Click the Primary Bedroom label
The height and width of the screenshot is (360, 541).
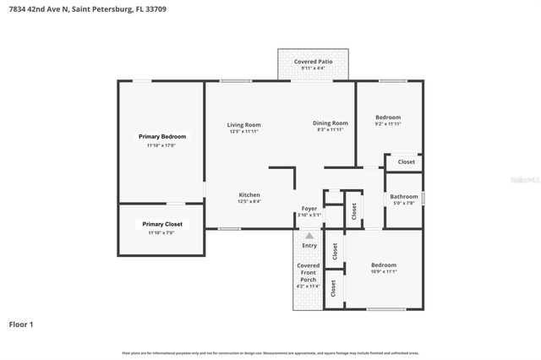tap(162, 136)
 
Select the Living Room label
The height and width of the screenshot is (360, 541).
tap(244, 125)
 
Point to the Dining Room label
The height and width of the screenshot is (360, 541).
tap(330, 123)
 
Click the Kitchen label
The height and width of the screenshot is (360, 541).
tap(249, 194)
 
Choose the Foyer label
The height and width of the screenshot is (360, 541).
tap(309, 208)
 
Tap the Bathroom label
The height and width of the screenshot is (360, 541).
tap(404, 196)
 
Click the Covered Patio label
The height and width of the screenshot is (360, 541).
tap(312, 63)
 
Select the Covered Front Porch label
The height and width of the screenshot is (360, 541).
tap(309, 272)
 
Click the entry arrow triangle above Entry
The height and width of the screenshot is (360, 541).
tap(309, 237)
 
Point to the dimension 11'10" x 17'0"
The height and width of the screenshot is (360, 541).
tap(162, 145)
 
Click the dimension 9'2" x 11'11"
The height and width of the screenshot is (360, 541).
tap(388, 124)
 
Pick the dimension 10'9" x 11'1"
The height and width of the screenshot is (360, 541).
tap(384, 272)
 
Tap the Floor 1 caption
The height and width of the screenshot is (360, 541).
tap(21, 324)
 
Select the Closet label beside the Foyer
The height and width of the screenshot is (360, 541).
tap(353, 210)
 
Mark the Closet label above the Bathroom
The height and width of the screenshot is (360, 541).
tap(407, 161)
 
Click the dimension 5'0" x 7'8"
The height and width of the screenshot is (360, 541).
tap(404, 203)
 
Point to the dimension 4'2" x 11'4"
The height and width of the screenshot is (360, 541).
tap(309, 286)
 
